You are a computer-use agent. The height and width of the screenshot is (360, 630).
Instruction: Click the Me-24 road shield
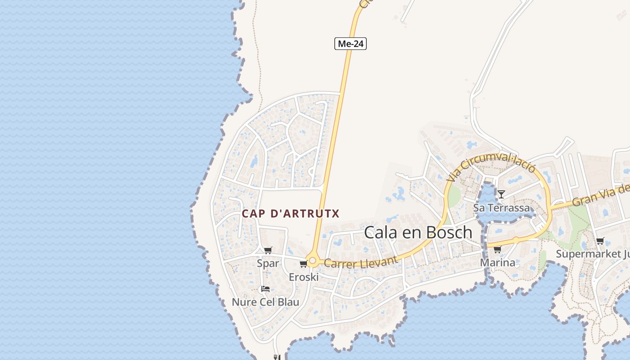pyautogui.click(x=351, y=44)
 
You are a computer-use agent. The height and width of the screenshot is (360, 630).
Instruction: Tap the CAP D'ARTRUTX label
pyautogui.click(x=290, y=213)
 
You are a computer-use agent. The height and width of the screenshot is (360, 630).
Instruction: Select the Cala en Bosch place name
pyautogui.click(x=418, y=232)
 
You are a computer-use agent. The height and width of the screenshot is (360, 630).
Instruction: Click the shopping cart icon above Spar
pyautogui.click(x=268, y=250)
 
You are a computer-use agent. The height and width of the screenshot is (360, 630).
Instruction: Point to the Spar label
pyautogui.click(x=268, y=263)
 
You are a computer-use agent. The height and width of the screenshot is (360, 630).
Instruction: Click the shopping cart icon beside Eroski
pyautogui.click(x=303, y=264)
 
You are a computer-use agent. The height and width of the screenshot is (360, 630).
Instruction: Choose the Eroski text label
pyautogui.click(x=304, y=277)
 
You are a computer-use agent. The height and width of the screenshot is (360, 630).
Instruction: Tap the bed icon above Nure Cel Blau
pyautogui.click(x=265, y=289)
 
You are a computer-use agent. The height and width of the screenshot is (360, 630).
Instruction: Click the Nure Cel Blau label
pyautogui.click(x=265, y=302)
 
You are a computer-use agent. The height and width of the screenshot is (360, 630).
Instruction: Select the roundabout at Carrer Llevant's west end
pyautogui.click(x=313, y=261)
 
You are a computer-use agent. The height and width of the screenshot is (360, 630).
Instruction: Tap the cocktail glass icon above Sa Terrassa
pyautogui.click(x=501, y=194)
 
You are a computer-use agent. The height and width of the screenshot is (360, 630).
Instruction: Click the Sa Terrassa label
pyautogui.click(x=501, y=208)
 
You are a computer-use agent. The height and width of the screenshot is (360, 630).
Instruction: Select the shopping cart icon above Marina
pyautogui.click(x=497, y=249)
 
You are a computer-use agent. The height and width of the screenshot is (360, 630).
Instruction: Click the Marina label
pyautogui.click(x=498, y=262)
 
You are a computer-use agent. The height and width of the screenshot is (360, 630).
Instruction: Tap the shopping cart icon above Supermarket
pyautogui.click(x=600, y=241)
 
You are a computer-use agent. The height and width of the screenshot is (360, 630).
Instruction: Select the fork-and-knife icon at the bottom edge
pyautogui.click(x=277, y=357)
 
